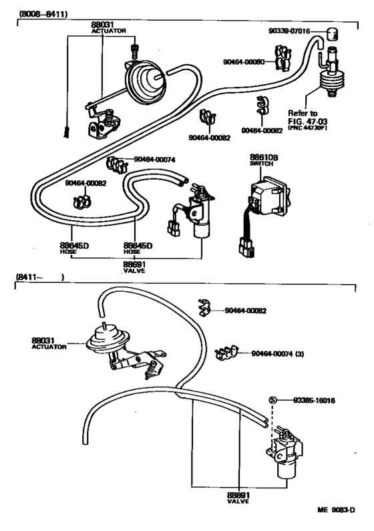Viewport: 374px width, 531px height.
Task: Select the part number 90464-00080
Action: click(x=245, y=61)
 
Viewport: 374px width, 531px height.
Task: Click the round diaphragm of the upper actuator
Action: click(x=145, y=83)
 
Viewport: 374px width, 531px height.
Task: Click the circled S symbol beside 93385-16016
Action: click(x=272, y=400)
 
